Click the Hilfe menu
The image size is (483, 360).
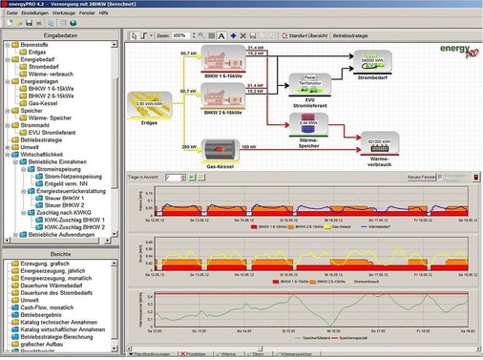coord(117,13)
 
